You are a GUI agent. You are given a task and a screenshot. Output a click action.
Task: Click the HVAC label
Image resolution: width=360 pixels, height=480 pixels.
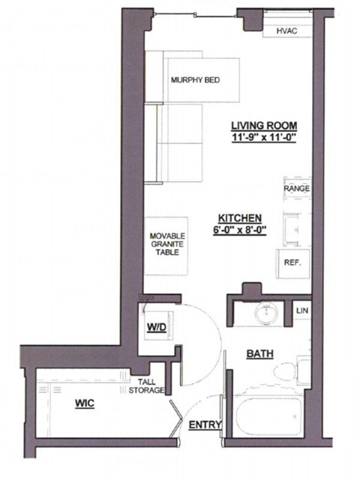pyautogui.click(x=288, y=31)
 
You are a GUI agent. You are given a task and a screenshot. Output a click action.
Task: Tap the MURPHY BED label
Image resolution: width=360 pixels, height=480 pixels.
pyautogui.click(x=193, y=80)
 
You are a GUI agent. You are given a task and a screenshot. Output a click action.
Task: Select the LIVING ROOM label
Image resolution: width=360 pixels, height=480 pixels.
pyautogui.click(x=264, y=125)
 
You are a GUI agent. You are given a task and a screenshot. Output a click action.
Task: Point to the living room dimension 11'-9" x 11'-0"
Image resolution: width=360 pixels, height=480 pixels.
pyautogui.click(x=264, y=138)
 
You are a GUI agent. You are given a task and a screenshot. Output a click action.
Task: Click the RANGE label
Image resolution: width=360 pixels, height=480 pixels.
pyautogui.click(x=297, y=188)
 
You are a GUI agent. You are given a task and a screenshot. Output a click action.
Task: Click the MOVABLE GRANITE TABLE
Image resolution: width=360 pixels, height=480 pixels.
pyautogui.click(x=166, y=243)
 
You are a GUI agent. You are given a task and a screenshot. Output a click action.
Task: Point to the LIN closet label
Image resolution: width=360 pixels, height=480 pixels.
pyautogui.click(x=302, y=310)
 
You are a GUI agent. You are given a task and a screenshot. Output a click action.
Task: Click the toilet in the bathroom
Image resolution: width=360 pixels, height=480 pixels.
pyautogui.click(x=304, y=372)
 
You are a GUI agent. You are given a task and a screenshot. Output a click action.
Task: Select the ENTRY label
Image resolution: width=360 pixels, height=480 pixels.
pyautogui.click(x=204, y=425)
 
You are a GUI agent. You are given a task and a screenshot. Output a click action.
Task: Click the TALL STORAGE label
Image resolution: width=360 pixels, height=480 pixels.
pyautogui.click(x=146, y=385)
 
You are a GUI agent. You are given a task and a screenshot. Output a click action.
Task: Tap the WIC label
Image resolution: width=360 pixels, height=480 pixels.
pyautogui.click(x=85, y=404)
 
